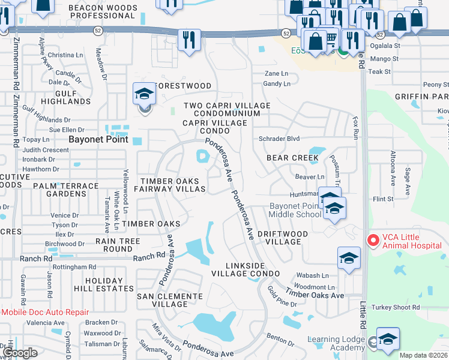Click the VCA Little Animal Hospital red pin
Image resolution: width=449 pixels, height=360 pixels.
(x=373, y=241)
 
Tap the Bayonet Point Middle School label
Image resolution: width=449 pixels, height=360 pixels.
(x=295, y=211)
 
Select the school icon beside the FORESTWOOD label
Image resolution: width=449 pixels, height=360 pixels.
(x=144, y=94)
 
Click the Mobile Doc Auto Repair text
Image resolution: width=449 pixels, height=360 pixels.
(x=44, y=312)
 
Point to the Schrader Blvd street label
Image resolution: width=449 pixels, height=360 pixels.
(x=279, y=139)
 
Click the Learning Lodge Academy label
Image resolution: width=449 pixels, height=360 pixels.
(x=336, y=344)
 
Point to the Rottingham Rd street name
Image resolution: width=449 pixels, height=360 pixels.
(x=74, y=267)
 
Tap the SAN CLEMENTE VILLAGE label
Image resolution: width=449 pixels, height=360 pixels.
(x=170, y=300)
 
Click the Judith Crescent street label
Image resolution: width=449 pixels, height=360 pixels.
(x=46, y=150)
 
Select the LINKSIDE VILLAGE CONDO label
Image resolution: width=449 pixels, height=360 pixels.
(x=246, y=269)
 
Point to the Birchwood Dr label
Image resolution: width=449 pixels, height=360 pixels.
(x=68, y=244)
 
